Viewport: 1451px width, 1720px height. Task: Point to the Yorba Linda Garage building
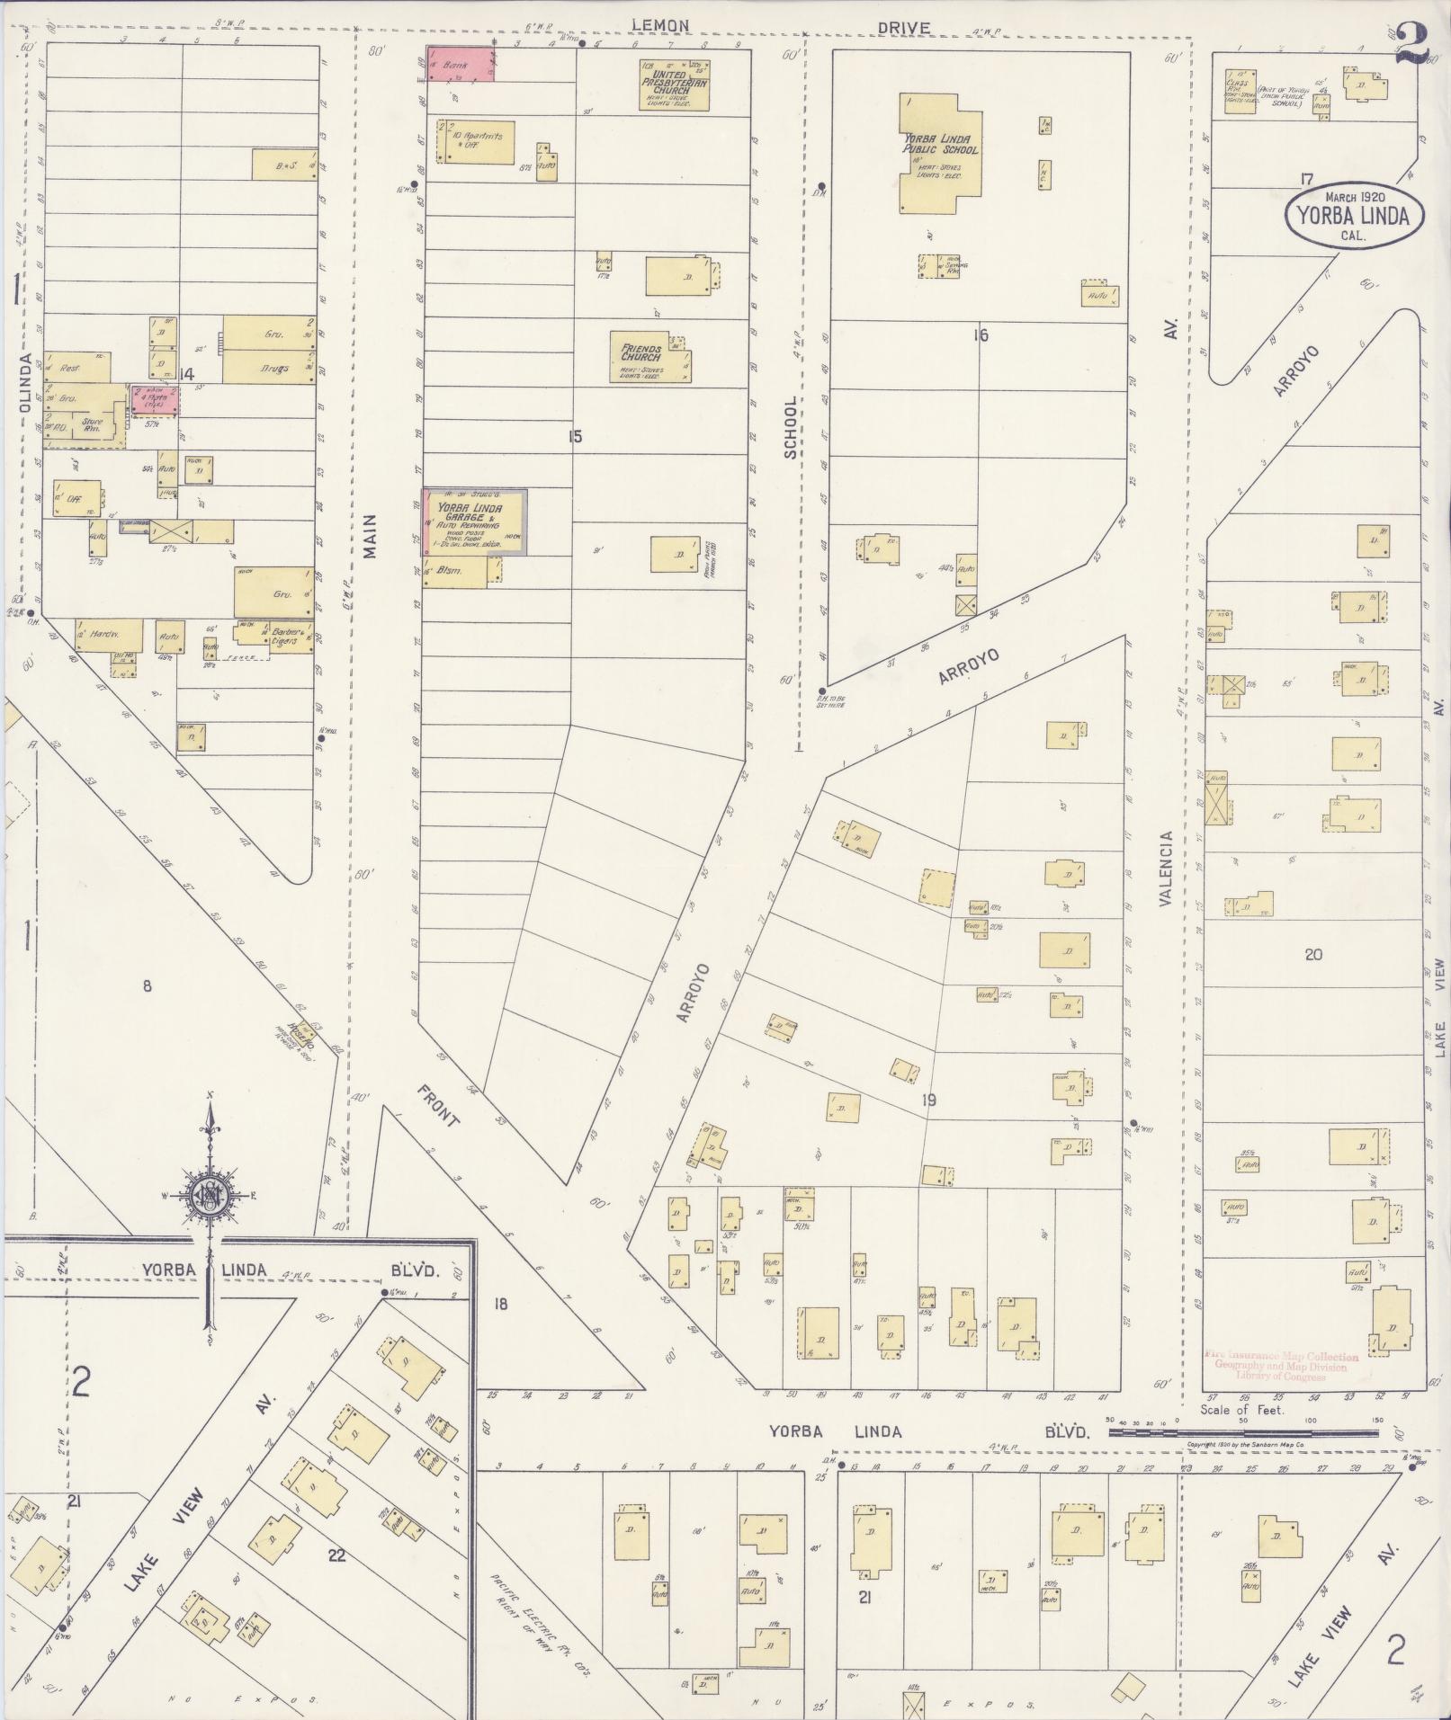coord(475,521)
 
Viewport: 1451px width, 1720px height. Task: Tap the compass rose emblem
coord(210,1196)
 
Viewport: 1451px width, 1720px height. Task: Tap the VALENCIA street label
coord(1167,868)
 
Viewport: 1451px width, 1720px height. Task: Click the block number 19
coord(929,1100)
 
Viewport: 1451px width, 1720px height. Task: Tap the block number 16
coord(981,335)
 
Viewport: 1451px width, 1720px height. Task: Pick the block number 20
coord(1313,954)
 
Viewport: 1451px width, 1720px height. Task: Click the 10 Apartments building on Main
coord(476,141)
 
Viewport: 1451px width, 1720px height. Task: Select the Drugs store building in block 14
coord(270,367)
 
